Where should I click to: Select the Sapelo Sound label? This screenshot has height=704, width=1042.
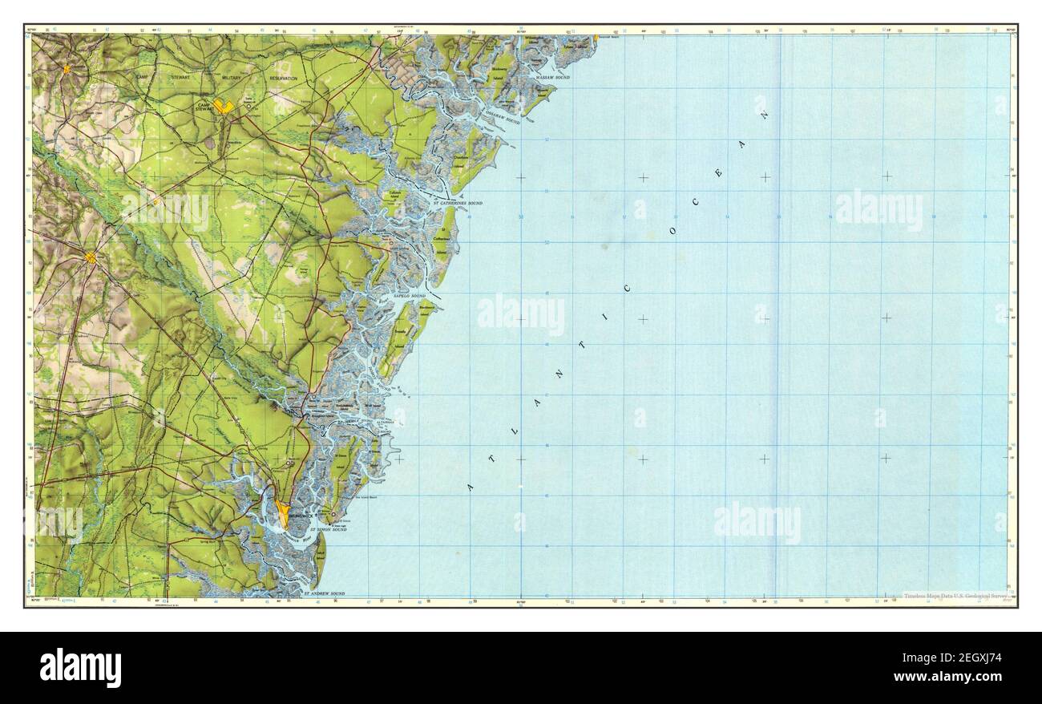(x=410, y=297)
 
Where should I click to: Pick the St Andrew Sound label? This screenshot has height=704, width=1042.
(x=324, y=594)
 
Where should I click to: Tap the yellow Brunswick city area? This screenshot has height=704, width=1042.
(x=282, y=510)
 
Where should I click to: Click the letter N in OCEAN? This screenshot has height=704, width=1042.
(x=765, y=115)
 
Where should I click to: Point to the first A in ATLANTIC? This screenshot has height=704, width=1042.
(x=471, y=487)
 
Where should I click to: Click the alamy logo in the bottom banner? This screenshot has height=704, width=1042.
(x=80, y=668)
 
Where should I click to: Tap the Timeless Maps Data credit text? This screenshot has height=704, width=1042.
(x=954, y=596)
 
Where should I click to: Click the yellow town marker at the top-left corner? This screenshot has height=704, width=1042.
(x=67, y=69)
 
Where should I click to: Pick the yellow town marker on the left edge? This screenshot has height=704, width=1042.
(x=91, y=257)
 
